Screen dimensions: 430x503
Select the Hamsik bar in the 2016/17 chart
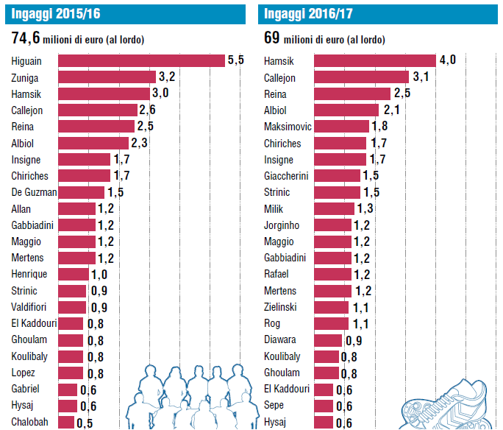[375, 60]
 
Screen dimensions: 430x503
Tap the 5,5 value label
[235, 60]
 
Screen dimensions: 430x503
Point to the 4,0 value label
[448, 60]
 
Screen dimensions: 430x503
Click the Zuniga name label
[26, 77]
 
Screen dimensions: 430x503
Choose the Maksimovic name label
[288, 127]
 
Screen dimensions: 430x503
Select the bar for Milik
[335, 209]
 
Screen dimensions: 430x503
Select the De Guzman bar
[81, 192]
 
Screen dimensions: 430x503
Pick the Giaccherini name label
[286, 176]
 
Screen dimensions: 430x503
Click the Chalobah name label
[29, 423]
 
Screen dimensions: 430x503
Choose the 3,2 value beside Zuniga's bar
[167, 77]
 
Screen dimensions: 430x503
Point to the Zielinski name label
[280, 307]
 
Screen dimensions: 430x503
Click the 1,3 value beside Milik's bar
[365, 209]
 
